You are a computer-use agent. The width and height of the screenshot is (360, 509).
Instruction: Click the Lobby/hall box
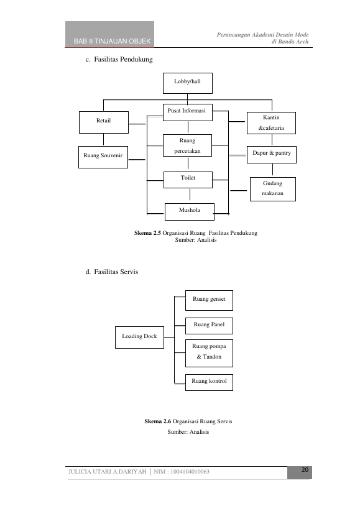tap(188, 83)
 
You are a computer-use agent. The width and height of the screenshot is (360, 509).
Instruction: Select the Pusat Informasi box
tap(188, 112)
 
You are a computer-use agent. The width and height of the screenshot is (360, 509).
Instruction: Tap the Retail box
tap(104, 122)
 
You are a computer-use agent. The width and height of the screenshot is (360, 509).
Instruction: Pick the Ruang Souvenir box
tap(103, 157)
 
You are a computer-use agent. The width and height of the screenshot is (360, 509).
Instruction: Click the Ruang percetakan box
tap(187, 145)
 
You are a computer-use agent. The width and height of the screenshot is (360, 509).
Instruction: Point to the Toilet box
tap(188, 180)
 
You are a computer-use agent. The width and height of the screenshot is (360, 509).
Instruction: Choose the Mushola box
tap(190, 212)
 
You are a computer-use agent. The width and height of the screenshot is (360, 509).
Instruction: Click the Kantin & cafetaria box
tap(271, 123)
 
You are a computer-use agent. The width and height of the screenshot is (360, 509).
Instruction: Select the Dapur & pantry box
tap(272, 155)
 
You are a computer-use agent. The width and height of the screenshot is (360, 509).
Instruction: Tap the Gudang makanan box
tap(273, 190)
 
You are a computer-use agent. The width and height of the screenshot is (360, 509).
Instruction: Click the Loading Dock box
tap(139, 337)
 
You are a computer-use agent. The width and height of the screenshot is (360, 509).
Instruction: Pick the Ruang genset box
tap(209, 300)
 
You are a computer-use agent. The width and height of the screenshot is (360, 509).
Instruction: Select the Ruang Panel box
tap(209, 326)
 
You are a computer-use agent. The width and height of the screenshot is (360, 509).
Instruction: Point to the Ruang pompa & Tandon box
tap(209, 353)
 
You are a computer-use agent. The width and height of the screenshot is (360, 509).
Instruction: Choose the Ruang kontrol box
tap(209, 382)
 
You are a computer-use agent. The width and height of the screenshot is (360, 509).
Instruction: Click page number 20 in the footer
tap(305, 470)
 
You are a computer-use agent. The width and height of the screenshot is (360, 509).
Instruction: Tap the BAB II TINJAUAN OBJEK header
tap(113, 41)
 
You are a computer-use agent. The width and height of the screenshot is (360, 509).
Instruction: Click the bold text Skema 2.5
tap(147, 233)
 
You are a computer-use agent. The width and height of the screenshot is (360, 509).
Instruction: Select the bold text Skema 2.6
tap(157, 421)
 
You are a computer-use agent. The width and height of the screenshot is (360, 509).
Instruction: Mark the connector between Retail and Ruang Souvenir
tap(104, 140)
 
